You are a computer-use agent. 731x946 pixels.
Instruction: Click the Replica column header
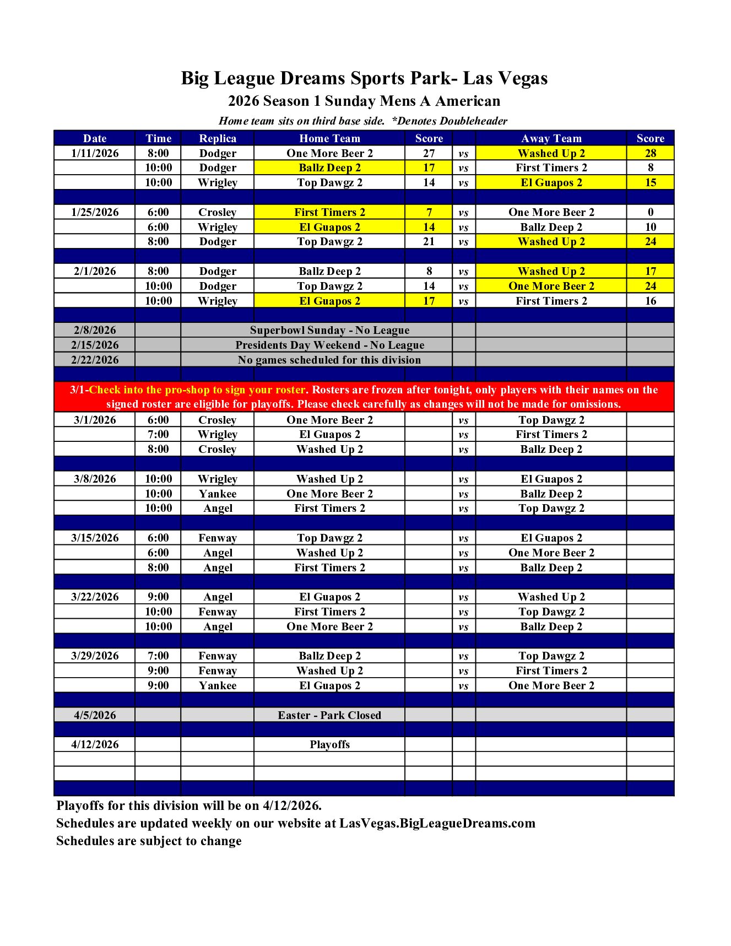pyautogui.click(x=218, y=138)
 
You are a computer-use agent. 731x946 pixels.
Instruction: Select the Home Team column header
pyautogui.click(x=329, y=138)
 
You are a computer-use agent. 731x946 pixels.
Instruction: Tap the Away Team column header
pyautogui.click(x=551, y=138)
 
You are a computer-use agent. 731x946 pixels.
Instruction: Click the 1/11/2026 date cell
pyautogui.click(x=95, y=153)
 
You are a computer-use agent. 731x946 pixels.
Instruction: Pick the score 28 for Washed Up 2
pyautogui.click(x=650, y=153)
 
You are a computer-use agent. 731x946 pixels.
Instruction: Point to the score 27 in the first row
pyautogui.click(x=429, y=153)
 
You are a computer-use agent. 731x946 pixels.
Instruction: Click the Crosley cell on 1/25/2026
pyautogui.click(x=218, y=212)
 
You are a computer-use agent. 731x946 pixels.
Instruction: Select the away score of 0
pyautogui.click(x=650, y=212)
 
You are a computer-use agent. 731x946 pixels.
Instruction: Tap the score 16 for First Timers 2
pyautogui.click(x=650, y=301)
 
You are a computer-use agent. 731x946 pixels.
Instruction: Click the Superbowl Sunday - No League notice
pyautogui.click(x=329, y=330)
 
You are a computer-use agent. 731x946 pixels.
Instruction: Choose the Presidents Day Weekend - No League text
pyautogui.click(x=329, y=345)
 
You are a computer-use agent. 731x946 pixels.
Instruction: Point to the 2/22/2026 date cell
pyautogui.click(x=95, y=360)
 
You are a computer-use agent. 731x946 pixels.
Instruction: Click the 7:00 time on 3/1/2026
pyautogui.click(x=158, y=434)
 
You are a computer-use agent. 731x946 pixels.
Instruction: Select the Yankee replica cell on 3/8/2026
pyautogui.click(x=218, y=494)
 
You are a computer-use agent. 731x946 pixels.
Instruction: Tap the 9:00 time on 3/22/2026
pyautogui.click(x=158, y=597)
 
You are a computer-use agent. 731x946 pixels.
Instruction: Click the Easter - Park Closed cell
pyautogui.click(x=329, y=715)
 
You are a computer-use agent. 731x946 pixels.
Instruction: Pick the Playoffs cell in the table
pyautogui.click(x=329, y=744)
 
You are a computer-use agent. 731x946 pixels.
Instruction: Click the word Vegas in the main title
pyautogui.click(x=521, y=78)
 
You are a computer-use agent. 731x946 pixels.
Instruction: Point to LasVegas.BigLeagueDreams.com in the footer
pyautogui.click(x=437, y=823)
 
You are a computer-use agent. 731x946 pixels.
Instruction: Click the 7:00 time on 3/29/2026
pyautogui.click(x=158, y=656)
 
